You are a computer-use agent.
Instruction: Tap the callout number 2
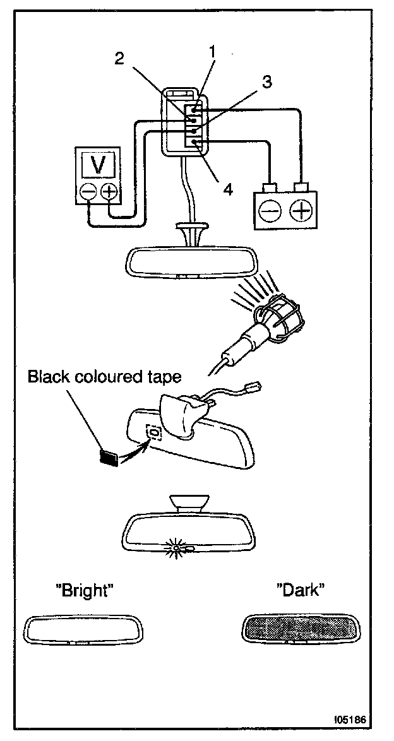[119, 58]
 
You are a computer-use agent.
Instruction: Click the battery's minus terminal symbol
[270, 210]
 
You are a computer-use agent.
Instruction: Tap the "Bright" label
[85, 591]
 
